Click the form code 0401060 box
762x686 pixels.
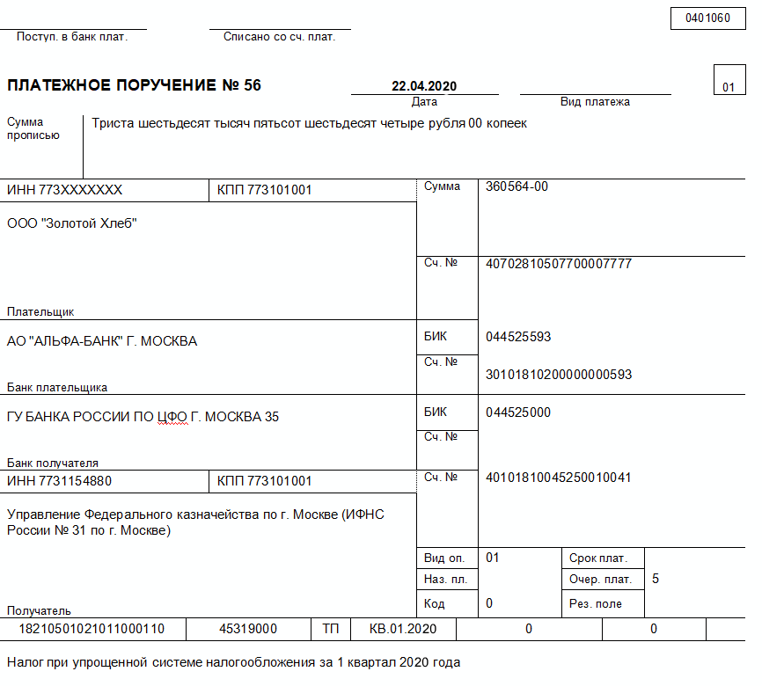[707, 18]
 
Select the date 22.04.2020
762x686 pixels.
[424, 86]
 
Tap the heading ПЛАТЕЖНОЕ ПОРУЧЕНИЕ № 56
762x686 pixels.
[134, 85]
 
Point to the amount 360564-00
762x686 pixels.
[517, 186]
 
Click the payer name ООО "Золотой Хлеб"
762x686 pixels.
[72, 223]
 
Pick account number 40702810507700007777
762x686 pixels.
[559, 263]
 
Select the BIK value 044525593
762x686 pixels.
[518, 337]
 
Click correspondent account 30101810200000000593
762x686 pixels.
[559, 375]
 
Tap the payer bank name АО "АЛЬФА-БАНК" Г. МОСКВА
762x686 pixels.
[102, 341]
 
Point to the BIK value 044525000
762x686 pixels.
[518, 412]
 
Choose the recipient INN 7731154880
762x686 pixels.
[59, 481]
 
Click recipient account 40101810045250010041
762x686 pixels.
[559, 478]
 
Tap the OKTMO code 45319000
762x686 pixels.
[249, 629]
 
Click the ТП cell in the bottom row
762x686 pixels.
[331, 629]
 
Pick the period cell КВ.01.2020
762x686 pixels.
[403, 629]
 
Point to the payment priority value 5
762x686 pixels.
[656, 579]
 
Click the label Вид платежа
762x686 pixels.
[595, 102]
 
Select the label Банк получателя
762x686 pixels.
[53, 463]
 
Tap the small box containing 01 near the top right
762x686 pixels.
[728, 87]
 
